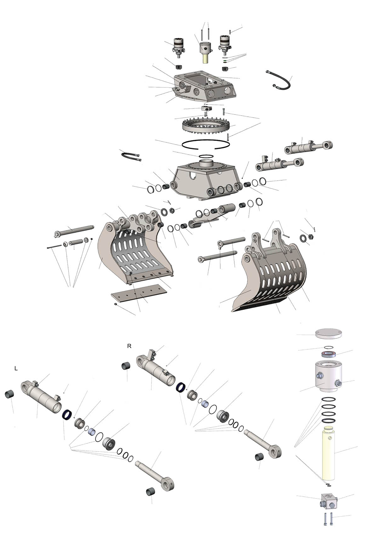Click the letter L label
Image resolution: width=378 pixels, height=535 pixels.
point(16,369)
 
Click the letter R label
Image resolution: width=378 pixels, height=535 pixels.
point(129,346)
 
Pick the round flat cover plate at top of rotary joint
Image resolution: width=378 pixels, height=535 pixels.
point(328,334)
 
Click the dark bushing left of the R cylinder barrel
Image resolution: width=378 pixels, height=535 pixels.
point(126,366)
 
